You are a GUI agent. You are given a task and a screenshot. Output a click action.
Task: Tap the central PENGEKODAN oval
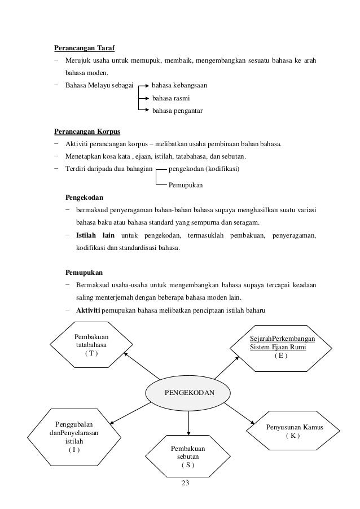click(x=188, y=390)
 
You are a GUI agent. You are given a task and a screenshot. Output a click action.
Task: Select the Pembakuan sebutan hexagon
click(x=188, y=457)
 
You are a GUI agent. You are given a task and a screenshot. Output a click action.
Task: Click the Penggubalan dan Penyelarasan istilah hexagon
click(x=74, y=437)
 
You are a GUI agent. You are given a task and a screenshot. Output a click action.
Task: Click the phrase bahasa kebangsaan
click(x=179, y=86)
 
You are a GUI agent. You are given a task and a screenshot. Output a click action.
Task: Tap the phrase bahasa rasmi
click(x=169, y=98)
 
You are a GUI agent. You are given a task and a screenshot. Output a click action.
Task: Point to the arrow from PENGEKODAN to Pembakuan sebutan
click(x=188, y=419)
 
